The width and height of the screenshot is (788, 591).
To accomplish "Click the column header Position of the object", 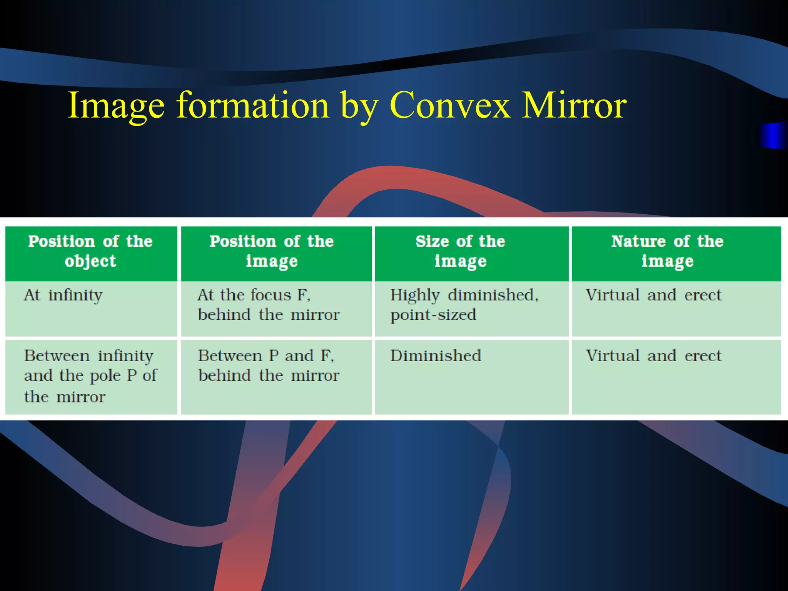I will [x=91, y=251].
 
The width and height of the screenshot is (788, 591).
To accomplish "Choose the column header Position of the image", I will [x=272, y=251].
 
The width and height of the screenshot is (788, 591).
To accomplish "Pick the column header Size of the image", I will [x=460, y=251].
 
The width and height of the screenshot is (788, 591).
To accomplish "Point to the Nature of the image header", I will [x=668, y=251].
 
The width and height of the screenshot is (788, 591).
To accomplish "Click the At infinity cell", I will [x=63, y=295].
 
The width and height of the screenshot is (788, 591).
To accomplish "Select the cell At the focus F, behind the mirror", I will [x=269, y=305].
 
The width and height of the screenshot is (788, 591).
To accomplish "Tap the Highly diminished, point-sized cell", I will [x=464, y=305].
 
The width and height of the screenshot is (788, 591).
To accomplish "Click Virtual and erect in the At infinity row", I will [x=653, y=295].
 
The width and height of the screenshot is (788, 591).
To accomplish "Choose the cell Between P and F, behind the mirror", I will [x=269, y=366].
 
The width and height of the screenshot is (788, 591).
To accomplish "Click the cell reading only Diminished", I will [x=436, y=356].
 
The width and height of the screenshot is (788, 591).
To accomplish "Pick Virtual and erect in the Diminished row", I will [x=653, y=356].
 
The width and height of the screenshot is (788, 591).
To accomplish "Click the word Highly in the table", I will [x=415, y=295].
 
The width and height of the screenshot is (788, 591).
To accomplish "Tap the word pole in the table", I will [x=105, y=376].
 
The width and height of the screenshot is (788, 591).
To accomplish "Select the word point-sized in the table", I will [x=433, y=315].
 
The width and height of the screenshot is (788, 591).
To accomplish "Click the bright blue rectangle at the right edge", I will [x=773, y=135].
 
